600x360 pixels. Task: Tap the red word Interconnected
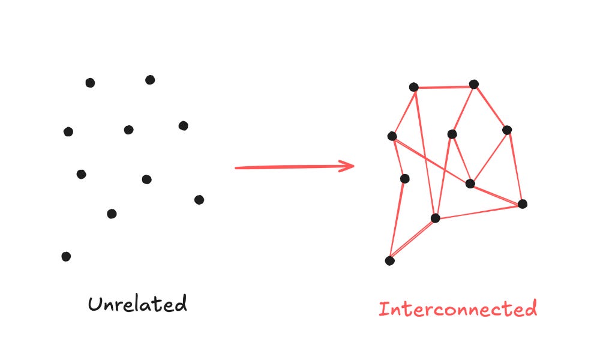(x=457, y=309)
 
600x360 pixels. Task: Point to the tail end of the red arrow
(x=236, y=168)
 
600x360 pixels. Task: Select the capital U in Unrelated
(x=94, y=304)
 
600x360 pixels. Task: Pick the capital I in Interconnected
(x=383, y=310)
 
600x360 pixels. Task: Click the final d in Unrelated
(x=180, y=303)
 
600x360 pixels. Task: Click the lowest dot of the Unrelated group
(x=66, y=256)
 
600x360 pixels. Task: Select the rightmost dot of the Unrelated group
(x=199, y=199)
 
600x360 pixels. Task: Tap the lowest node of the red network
(x=389, y=260)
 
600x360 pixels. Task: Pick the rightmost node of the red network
(x=522, y=204)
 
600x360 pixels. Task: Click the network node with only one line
(x=404, y=178)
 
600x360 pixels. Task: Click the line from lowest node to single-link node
(x=397, y=219)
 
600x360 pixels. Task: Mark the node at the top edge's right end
(x=474, y=84)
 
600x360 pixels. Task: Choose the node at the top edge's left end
(x=413, y=87)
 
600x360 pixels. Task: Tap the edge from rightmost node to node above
(x=515, y=167)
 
